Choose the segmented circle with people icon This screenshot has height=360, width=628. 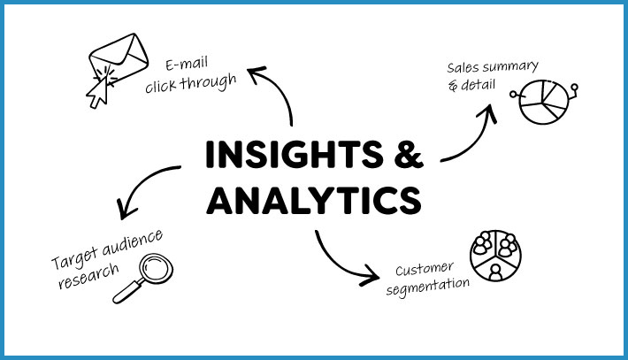495,257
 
